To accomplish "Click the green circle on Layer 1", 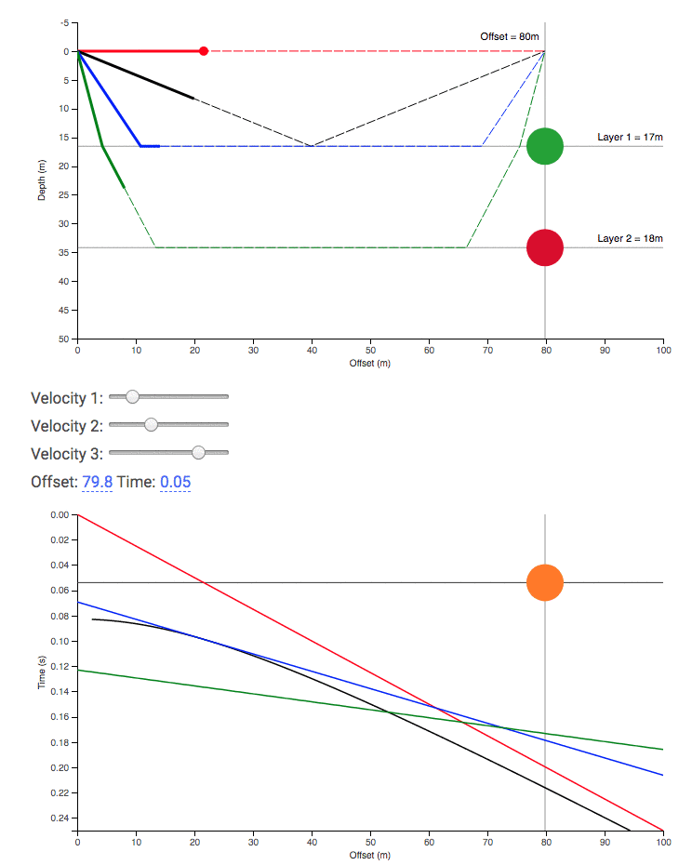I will point(545,146).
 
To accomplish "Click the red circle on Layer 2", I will point(545,247).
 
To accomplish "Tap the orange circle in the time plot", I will point(545,582).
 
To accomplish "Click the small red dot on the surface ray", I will point(204,51).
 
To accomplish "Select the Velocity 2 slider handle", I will point(152,425).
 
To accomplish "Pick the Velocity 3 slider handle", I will point(198,453).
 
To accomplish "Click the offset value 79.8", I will point(98,481).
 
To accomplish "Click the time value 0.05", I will point(176,481).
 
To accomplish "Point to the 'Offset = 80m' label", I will point(510,36).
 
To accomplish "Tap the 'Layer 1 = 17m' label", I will point(630,137).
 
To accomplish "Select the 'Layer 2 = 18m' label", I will point(630,238).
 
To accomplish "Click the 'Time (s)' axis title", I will point(42,672).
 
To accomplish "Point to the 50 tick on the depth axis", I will point(64,339).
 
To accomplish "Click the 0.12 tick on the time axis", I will point(60,667).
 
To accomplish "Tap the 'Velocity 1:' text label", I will point(67,398).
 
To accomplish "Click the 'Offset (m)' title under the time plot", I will point(369,854).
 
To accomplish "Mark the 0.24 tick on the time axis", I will point(60,818).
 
